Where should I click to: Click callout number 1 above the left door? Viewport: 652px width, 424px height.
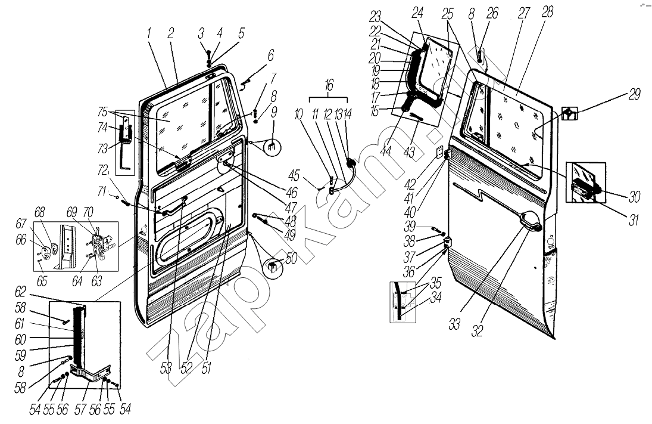(x=149, y=34)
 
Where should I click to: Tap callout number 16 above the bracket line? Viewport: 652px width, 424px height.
(x=329, y=86)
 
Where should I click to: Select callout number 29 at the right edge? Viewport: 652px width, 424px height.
(x=634, y=94)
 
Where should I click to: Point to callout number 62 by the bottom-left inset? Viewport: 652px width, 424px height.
(x=20, y=292)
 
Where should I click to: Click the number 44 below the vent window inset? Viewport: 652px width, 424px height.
(x=385, y=150)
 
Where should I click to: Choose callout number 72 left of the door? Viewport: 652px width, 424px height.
(x=102, y=169)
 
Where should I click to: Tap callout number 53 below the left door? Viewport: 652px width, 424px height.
(x=166, y=368)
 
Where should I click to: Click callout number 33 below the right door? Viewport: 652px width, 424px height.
(x=454, y=323)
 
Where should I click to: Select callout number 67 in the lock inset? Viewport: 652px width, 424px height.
(x=21, y=224)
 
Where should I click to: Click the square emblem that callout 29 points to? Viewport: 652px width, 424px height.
(x=569, y=113)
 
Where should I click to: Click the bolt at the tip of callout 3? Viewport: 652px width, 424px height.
(x=209, y=54)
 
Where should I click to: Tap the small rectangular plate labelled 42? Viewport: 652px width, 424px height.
(x=439, y=153)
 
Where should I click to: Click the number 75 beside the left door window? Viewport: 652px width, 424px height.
(x=102, y=112)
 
